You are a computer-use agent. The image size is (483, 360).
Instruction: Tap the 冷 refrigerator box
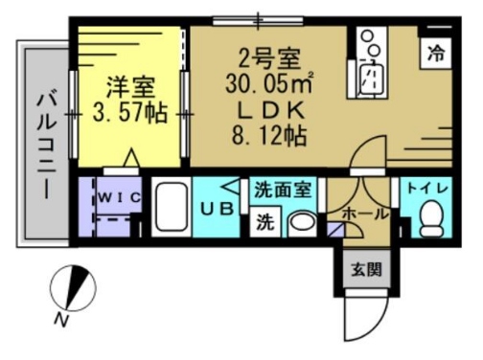[x=437, y=53]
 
